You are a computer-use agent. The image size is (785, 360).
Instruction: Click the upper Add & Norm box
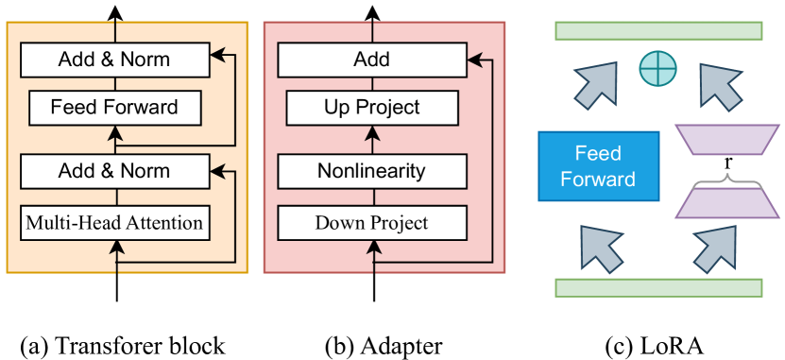coord(114,60)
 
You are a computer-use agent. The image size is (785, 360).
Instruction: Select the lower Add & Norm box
coord(114,171)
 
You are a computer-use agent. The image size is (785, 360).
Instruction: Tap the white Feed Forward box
coord(114,108)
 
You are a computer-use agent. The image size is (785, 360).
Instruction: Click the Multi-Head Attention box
coord(114,224)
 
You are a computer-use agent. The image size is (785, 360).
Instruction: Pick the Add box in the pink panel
coord(371,60)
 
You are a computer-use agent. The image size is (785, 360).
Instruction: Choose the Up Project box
coord(371,108)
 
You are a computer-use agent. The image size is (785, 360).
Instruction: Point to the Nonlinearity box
coord(371,171)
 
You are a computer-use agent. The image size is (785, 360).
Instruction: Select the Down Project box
coord(371,224)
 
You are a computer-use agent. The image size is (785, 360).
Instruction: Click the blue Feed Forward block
coord(598,166)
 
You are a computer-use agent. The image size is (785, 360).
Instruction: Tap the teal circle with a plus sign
coord(657,68)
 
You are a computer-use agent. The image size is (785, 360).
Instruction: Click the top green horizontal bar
coord(658,30)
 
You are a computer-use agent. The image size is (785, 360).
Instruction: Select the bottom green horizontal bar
coord(658,288)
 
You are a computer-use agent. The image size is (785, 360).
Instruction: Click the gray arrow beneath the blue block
coord(602,247)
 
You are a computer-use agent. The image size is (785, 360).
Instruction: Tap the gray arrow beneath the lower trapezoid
coord(715,249)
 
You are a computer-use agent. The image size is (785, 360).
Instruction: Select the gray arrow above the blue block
coord(596,83)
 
